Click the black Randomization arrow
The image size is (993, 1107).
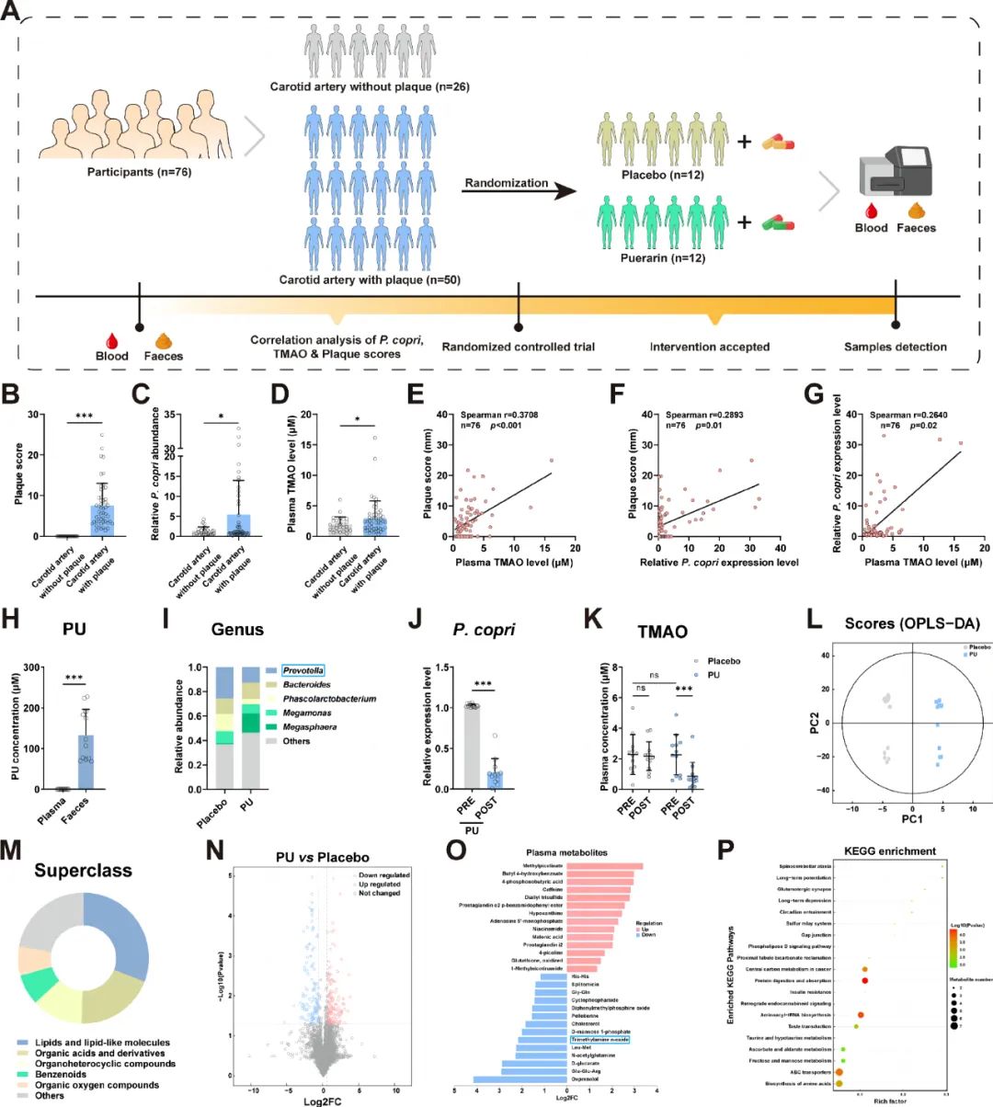(519, 192)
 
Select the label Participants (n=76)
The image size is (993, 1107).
(139, 171)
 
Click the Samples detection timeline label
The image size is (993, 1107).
(895, 347)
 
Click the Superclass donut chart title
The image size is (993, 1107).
(83, 870)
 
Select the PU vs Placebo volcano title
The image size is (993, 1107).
(318, 858)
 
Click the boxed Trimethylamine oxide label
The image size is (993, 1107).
(600, 1039)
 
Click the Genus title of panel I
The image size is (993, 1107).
(237, 630)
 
